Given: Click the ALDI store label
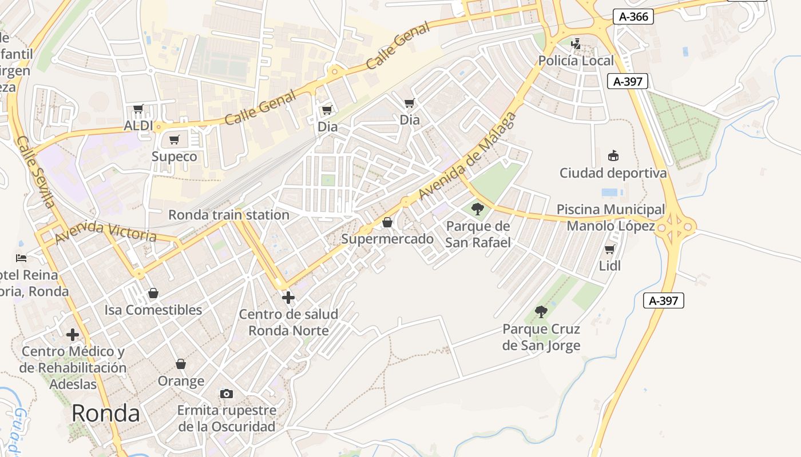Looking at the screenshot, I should click(x=138, y=125).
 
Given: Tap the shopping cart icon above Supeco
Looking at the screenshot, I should click(x=175, y=140).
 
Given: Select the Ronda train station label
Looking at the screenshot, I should click(x=228, y=215).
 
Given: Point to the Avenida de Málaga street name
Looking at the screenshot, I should click(x=467, y=156).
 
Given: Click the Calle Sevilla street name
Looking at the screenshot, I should click(x=36, y=172).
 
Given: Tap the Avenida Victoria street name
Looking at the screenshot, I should click(x=105, y=231).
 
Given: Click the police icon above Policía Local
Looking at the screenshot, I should click(x=576, y=43).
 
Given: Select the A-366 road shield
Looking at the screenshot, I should click(x=634, y=17).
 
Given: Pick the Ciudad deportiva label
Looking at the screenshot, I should click(x=613, y=173).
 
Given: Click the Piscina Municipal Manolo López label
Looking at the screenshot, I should click(x=610, y=218).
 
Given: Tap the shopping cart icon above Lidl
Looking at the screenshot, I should click(x=610, y=250).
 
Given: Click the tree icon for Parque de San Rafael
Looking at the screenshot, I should click(x=478, y=209).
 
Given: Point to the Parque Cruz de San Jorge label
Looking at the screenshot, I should click(x=541, y=337).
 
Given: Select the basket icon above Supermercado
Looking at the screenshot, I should click(x=387, y=222).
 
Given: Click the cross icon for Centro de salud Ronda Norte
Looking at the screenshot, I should click(x=288, y=297).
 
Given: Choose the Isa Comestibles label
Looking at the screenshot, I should click(x=153, y=310).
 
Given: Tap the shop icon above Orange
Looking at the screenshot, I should click(x=181, y=364).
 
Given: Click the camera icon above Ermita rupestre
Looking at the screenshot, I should click(x=227, y=394).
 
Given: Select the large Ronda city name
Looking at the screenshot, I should click(x=106, y=414).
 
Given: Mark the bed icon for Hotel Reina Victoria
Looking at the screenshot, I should click(x=22, y=258).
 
